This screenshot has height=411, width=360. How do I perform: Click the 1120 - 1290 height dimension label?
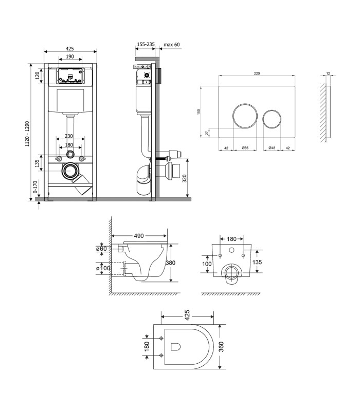pyautogui.click(x=27, y=134)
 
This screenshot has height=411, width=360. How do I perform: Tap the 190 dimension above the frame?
pyautogui.click(x=70, y=57)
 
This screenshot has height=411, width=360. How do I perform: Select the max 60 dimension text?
pyautogui.click(x=172, y=45)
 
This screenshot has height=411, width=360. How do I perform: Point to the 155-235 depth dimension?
pyautogui.click(x=146, y=44)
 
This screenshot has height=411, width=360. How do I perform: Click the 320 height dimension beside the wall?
pyautogui.click(x=185, y=178)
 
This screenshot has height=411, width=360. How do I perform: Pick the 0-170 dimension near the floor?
pyautogui.click(x=35, y=186)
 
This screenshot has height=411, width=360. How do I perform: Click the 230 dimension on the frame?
pyautogui.click(x=69, y=136)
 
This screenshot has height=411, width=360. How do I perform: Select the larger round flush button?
pyautogui.click(x=245, y=116)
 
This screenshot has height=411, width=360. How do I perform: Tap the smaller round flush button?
pyautogui.click(x=272, y=119)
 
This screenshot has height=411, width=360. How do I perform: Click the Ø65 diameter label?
pyautogui.click(x=245, y=148)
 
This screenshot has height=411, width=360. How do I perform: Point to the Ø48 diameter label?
pyautogui.click(x=272, y=148)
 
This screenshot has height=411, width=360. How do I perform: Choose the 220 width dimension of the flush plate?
pyautogui.click(x=257, y=73)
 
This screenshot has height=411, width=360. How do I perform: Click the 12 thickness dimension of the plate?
pyautogui.click(x=328, y=73)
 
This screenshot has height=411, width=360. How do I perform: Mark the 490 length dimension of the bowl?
pyautogui.click(x=139, y=236)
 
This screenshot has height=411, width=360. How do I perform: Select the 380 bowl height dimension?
pyautogui.click(x=171, y=263)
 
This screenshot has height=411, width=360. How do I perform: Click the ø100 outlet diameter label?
pyautogui.click(x=103, y=268)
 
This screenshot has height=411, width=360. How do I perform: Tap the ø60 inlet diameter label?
pyautogui.click(x=101, y=249)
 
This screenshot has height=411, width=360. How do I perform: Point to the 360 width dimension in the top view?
pyautogui.click(x=221, y=346)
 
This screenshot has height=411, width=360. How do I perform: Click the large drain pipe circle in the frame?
pyautogui.click(x=70, y=171)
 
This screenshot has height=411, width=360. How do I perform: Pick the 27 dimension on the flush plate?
pyautogui.click(x=207, y=133)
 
